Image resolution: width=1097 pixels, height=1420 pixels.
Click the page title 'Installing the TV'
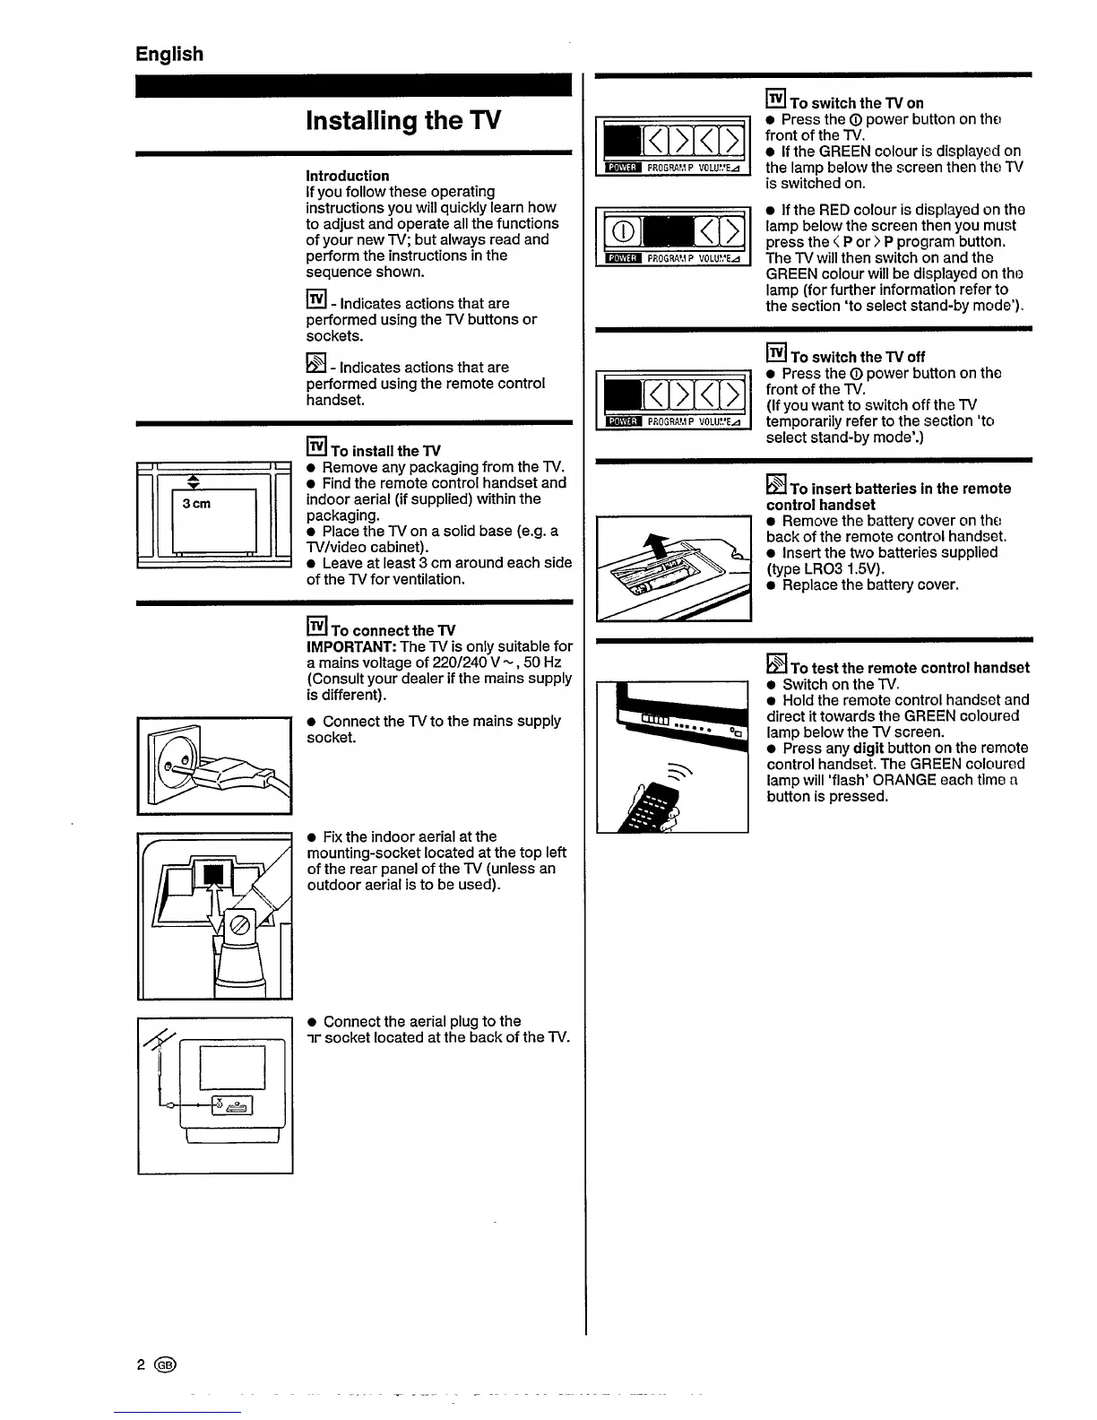[402, 120]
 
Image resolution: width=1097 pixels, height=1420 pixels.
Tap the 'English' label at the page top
[169, 54]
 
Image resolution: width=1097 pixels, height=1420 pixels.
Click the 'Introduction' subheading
[347, 176]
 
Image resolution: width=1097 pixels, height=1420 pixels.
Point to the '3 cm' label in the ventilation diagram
[196, 504]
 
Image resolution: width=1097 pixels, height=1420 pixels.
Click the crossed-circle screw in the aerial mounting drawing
[241, 926]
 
